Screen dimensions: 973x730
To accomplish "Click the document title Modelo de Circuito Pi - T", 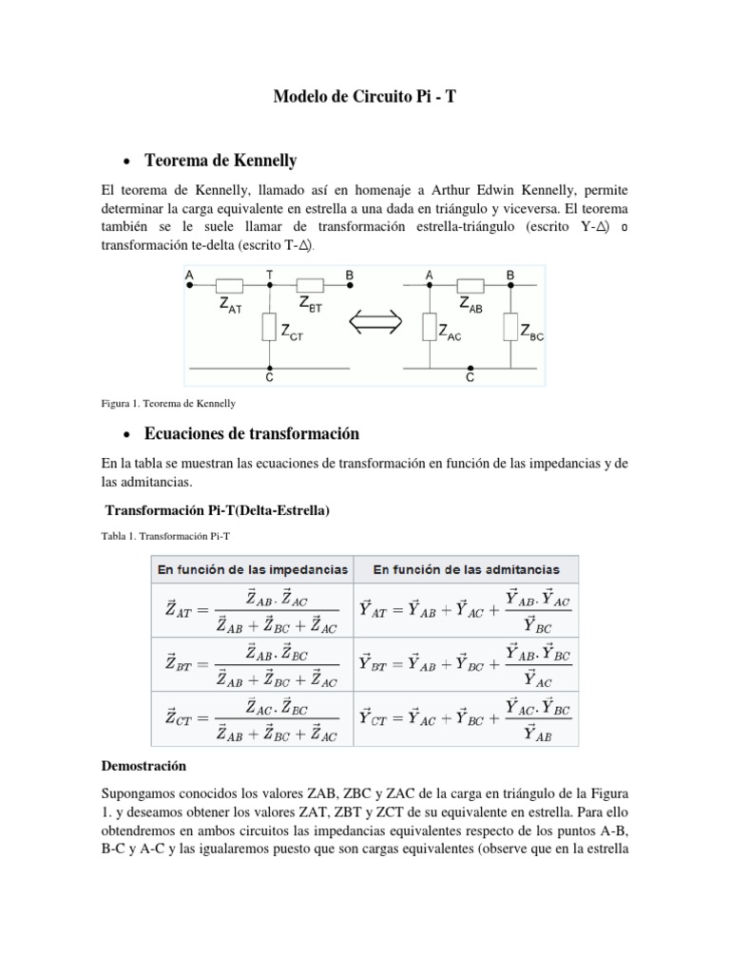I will point(364,96).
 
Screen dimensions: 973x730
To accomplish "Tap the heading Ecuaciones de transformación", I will point(251,433).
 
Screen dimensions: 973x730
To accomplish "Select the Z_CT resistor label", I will point(294,331).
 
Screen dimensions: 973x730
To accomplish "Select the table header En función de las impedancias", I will point(251,570).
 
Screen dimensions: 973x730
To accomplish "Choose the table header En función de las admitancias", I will point(466,570).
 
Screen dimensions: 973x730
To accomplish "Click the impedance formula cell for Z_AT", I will point(251,610).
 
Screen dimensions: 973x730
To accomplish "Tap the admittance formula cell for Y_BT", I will point(466,664).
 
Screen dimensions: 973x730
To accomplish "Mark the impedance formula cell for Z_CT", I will point(251,718).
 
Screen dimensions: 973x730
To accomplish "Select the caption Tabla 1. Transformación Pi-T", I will point(160,535).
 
